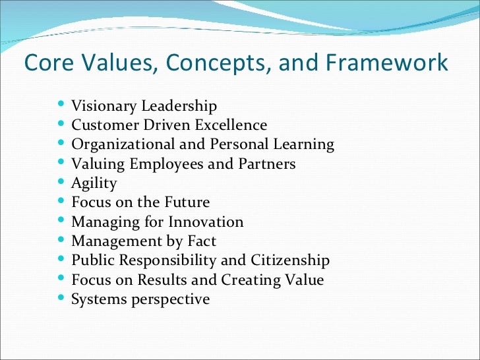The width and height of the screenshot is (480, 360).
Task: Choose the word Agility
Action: [x=94, y=183]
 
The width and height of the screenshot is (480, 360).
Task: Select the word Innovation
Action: [x=206, y=222]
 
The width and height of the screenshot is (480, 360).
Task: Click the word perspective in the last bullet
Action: [x=171, y=299]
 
